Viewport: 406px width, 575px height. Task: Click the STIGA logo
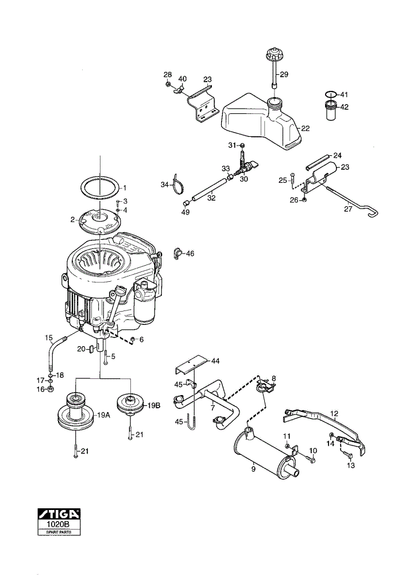point(59,513)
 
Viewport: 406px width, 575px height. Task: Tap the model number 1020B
point(59,523)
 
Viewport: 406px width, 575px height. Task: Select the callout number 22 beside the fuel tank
point(305,128)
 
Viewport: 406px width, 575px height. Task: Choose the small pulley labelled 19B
point(130,405)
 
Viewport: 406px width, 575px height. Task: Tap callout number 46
point(190,254)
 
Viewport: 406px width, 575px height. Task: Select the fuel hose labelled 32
point(210,189)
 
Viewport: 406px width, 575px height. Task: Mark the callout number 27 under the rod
point(348,209)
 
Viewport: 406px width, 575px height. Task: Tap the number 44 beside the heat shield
point(215,361)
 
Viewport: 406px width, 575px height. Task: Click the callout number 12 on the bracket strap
point(335,413)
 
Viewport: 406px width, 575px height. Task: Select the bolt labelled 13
point(348,455)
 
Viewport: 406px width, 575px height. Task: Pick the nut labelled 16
point(51,389)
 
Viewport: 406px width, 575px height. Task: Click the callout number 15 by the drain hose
point(49,337)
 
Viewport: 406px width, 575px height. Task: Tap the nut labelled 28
point(168,85)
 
